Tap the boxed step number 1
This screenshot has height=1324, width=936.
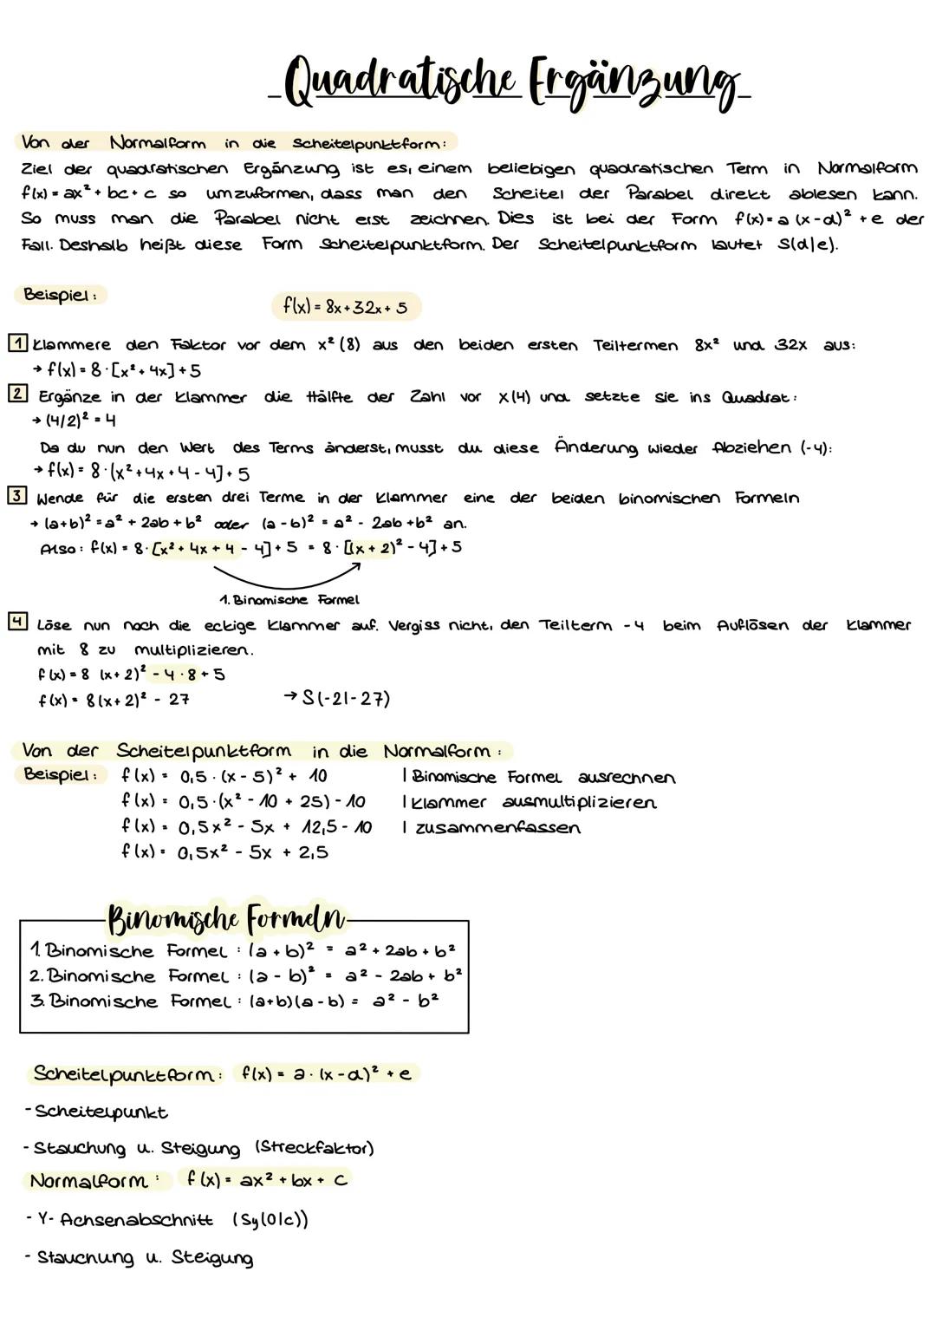point(17,342)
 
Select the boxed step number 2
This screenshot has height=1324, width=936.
point(17,394)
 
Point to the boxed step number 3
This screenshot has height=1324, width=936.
point(17,496)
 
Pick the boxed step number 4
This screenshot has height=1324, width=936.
point(17,622)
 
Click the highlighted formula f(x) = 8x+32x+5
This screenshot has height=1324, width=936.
point(345,306)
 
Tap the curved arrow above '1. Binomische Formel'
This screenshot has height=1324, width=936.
point(286,576)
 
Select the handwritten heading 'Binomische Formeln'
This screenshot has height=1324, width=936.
point(225,918)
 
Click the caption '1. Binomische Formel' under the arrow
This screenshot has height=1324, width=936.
point(289,599)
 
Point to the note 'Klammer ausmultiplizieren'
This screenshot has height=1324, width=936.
point(530,802)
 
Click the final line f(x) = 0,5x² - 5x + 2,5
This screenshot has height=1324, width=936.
point(224,852)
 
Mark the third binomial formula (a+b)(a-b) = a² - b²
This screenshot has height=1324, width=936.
point(234,1001)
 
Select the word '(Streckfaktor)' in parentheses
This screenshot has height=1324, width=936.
point(315,1148)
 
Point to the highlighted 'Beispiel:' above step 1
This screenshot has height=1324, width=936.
point(60,295)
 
